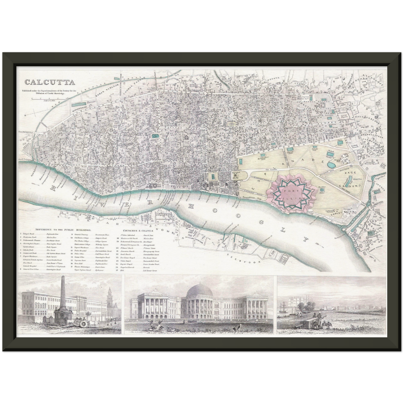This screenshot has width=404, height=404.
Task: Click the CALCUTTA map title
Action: coord(49,82)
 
